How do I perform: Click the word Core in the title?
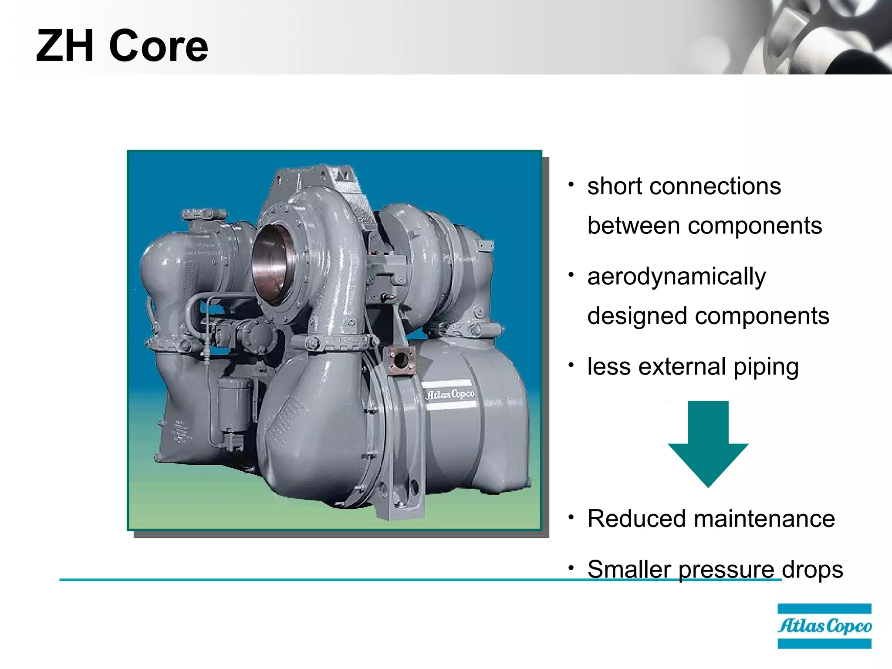(159, 46)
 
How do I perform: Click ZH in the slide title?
(65, 46)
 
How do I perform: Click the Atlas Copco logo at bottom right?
(824, 626)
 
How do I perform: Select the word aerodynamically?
(676, 277)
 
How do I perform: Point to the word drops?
(812, 569)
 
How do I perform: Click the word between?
(634, 226)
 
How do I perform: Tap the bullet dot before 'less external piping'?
(571, 365)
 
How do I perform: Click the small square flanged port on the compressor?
(401, 361)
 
